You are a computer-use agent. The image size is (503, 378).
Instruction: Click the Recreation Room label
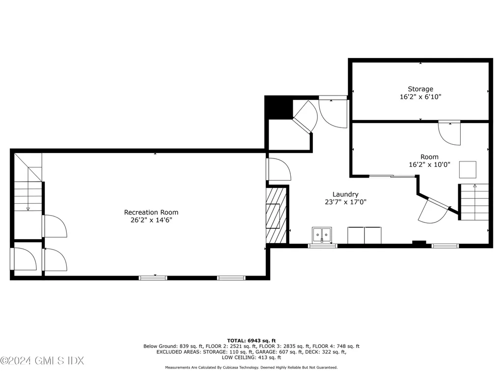pyautogui.click(x=151, y=212)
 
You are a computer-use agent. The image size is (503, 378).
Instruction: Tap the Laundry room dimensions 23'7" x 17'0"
pyautogui.click(x=345, y=202)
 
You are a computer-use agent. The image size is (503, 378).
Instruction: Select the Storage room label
pyautogui.click(x=420, y=89)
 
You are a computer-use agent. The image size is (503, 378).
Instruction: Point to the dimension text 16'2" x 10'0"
pyautogui.click(x=429, y=164)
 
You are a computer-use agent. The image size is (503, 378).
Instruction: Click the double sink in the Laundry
pyautogui.click(x=322, y=235)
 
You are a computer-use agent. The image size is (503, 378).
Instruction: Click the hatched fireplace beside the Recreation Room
pyautogui.click(x=276, y=216)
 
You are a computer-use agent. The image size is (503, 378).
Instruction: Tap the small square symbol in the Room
pyautogui.click(x=468, y=169)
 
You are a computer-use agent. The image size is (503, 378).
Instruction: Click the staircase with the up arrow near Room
pyautogui.click(x=473, y=202)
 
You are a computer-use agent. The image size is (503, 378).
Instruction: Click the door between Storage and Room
pyautogui.click(x=449, y=132)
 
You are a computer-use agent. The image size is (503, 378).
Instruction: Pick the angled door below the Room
pyautogui.click(x=435, y=211)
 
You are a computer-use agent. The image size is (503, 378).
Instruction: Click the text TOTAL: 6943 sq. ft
pyautogui.click(x=251, y=341)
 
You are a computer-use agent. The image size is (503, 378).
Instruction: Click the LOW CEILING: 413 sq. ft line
pyautogui.click(x=251, y=357)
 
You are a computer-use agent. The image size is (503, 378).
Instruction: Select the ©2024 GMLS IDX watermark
pyautogui.click(x=42, y=361)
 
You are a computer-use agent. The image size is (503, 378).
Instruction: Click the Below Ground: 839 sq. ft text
pyautogui.click(x=173, y=346)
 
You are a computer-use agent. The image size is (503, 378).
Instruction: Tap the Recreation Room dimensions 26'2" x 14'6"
pyautogui.click(x=151, y=220)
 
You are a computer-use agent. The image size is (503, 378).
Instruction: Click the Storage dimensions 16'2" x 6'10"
pyautogui.click(x=420, y=97)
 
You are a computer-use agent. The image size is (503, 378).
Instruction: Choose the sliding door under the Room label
pyautogui.click(x=392, y=176)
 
